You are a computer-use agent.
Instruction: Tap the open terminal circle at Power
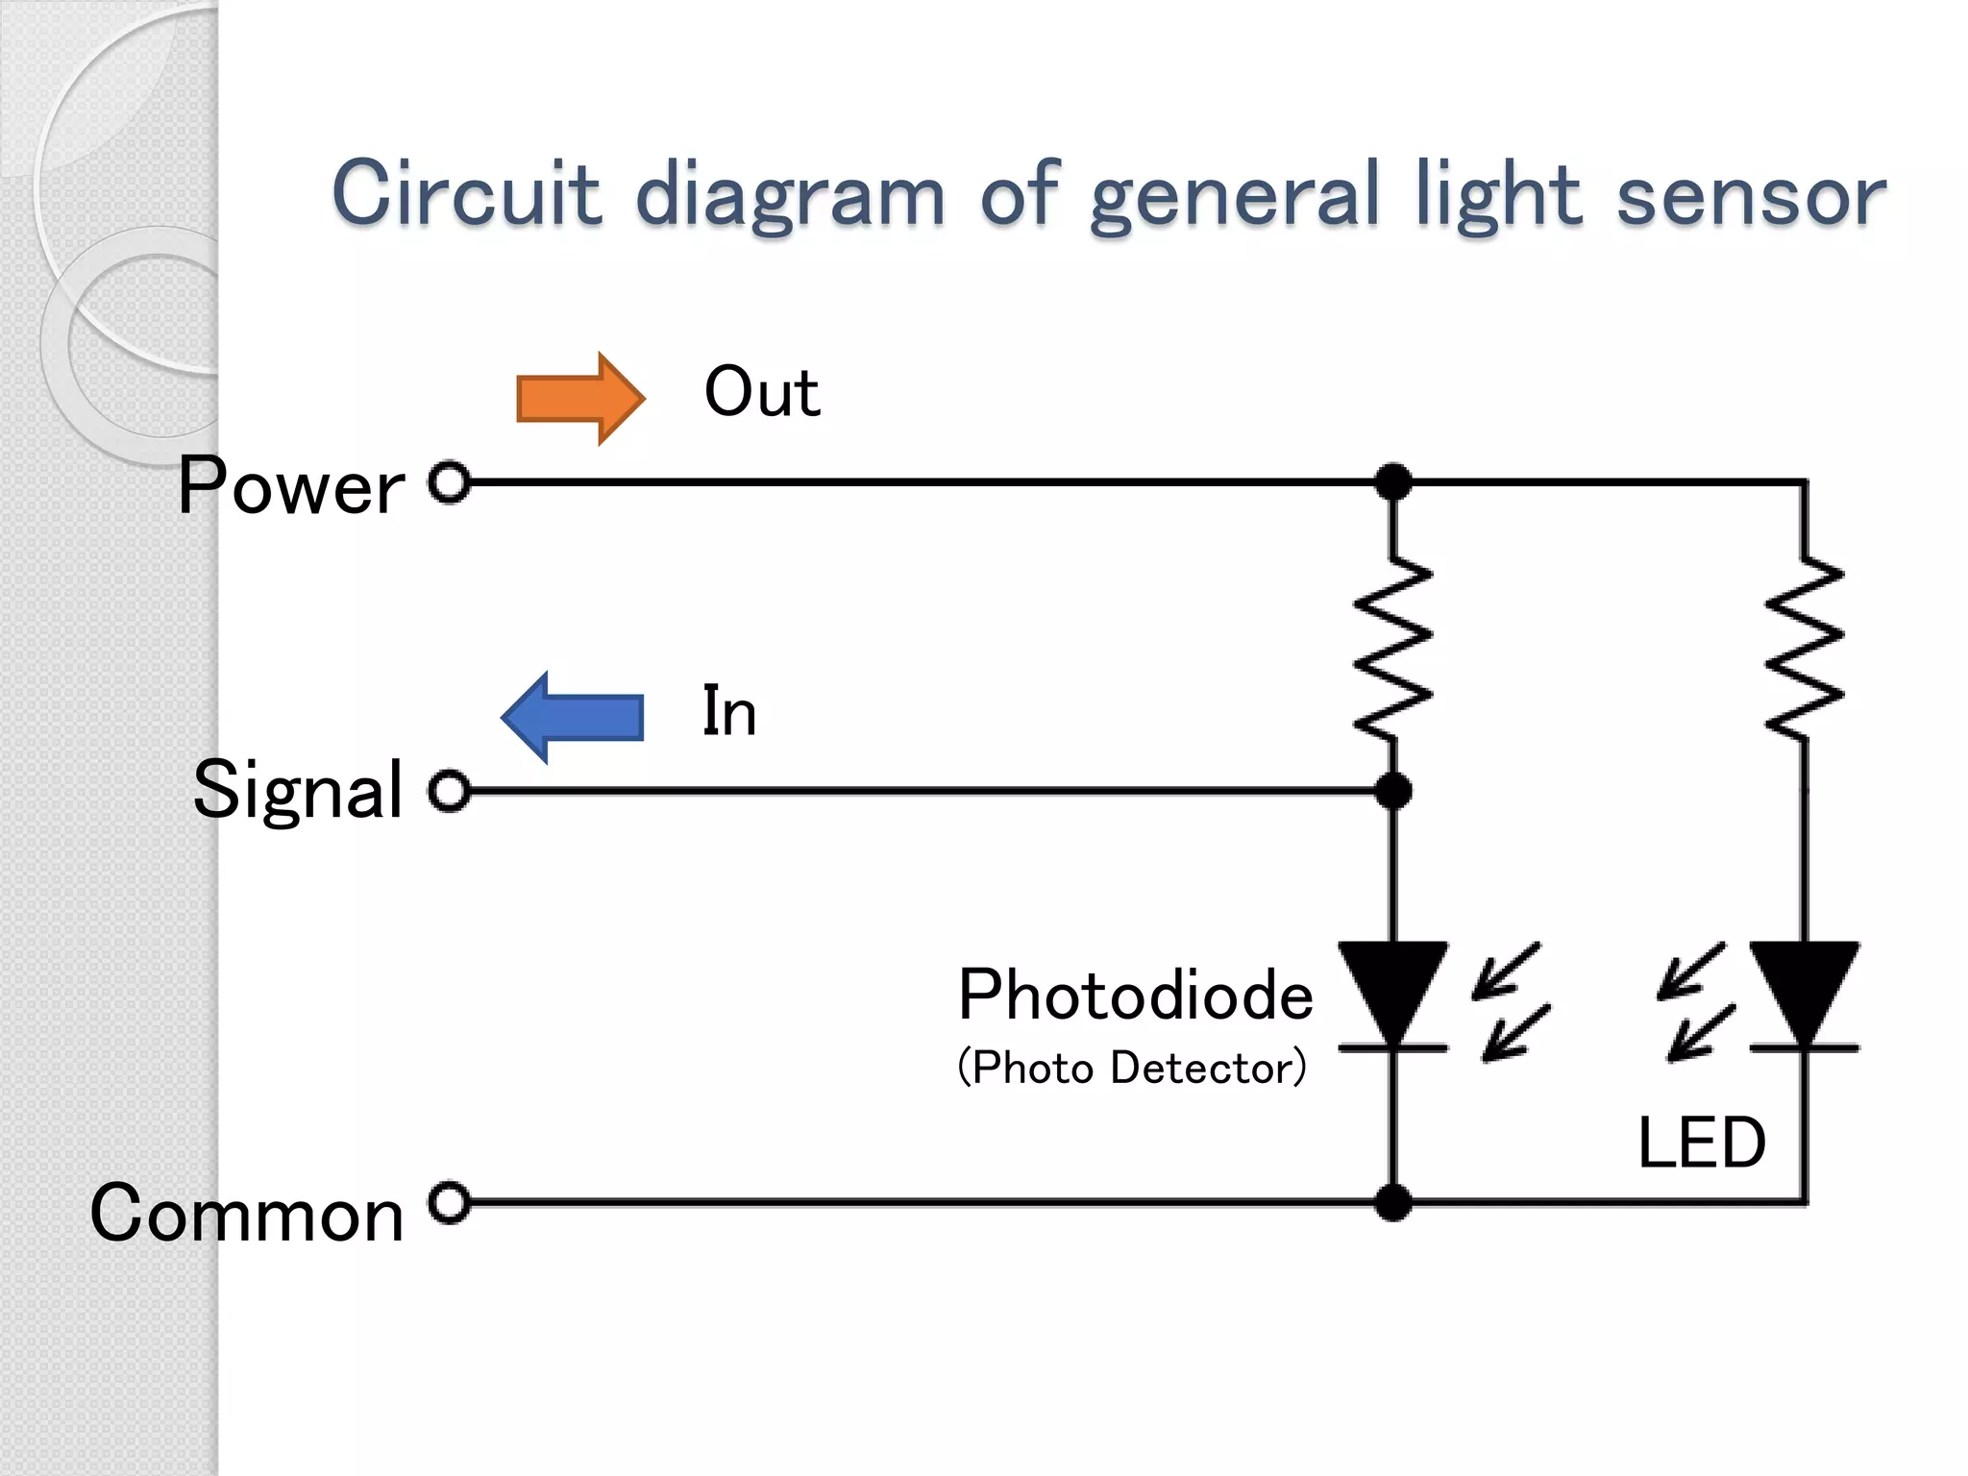click(x=449, y=481)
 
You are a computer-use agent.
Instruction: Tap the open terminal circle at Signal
click(x=449, y=791)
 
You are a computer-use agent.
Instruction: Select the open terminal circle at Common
click(x=449, y=1202)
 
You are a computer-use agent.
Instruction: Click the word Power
click(x=291, y=486)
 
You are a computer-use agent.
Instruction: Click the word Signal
click(x=298, y=790)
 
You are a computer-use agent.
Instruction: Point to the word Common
click(x=247, y=1213)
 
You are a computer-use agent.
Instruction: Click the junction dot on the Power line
click(x=1393, y=481)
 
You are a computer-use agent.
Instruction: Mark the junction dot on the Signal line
click(x=1393, y=791)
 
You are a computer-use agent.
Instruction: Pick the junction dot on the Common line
click(x=1393, y=1202)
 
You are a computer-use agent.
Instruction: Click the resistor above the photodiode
click(x=1393, y=649)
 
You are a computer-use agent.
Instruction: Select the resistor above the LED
click(x=1805, y=649)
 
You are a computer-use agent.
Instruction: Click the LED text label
click(x=1702, y=1143)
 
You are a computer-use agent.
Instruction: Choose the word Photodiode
click(x=1136, y=995)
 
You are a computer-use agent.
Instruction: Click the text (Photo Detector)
click(x=1132, y=1068)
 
